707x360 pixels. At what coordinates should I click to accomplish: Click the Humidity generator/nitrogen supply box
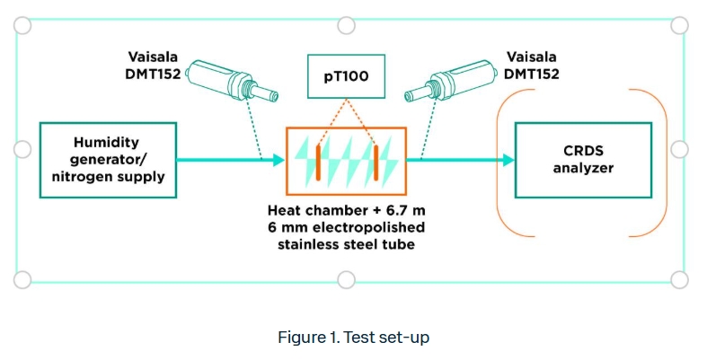click(x=107, y=160)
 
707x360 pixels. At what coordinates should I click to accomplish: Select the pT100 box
click(x=346, y=77)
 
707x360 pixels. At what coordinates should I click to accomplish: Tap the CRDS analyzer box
click(x=583, y=160)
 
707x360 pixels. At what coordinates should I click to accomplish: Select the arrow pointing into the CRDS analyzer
click(x=462, y=161)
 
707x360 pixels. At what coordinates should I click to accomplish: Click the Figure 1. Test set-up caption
click(x=353, y=338)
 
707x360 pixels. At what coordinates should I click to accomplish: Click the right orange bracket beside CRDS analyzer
click(x=660, y=160)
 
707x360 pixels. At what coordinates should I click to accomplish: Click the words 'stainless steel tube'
click(x=346, y=243)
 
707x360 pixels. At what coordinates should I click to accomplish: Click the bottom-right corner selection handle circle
click(x=680, y=279)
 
